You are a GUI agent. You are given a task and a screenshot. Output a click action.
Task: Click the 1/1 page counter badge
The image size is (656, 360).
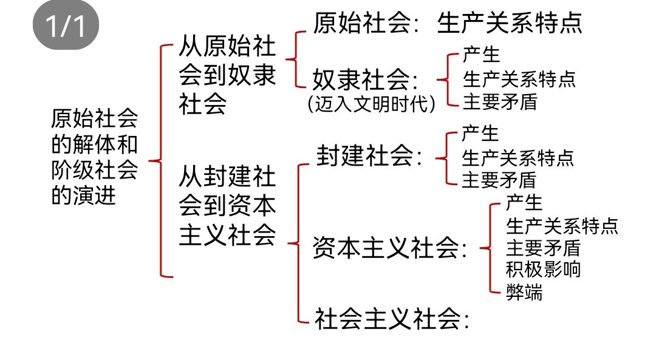point(66,25)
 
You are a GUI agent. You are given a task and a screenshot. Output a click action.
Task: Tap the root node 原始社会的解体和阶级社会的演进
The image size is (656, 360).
point(94,157)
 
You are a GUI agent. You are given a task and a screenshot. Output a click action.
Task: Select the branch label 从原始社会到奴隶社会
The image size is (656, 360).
point(227,75)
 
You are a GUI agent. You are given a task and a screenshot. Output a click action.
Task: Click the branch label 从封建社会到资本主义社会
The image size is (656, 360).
point(227,207)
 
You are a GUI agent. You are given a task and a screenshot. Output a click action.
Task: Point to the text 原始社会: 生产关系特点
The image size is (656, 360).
point(448,22)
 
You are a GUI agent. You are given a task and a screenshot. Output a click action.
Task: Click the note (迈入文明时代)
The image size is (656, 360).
point(372,104)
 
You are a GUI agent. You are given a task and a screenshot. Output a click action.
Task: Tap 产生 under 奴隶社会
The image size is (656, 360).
point(481,55)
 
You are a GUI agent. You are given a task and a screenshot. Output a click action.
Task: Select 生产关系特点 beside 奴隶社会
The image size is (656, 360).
point(519,78)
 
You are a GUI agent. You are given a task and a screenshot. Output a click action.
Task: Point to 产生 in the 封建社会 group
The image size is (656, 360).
point(480,134)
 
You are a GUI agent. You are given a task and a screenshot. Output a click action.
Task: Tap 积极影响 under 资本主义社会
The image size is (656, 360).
point(543,269)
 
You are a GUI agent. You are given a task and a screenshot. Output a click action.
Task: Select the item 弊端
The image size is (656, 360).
point(524,292)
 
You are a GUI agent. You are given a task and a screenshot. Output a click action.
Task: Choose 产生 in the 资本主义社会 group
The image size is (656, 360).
point(524,202)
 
